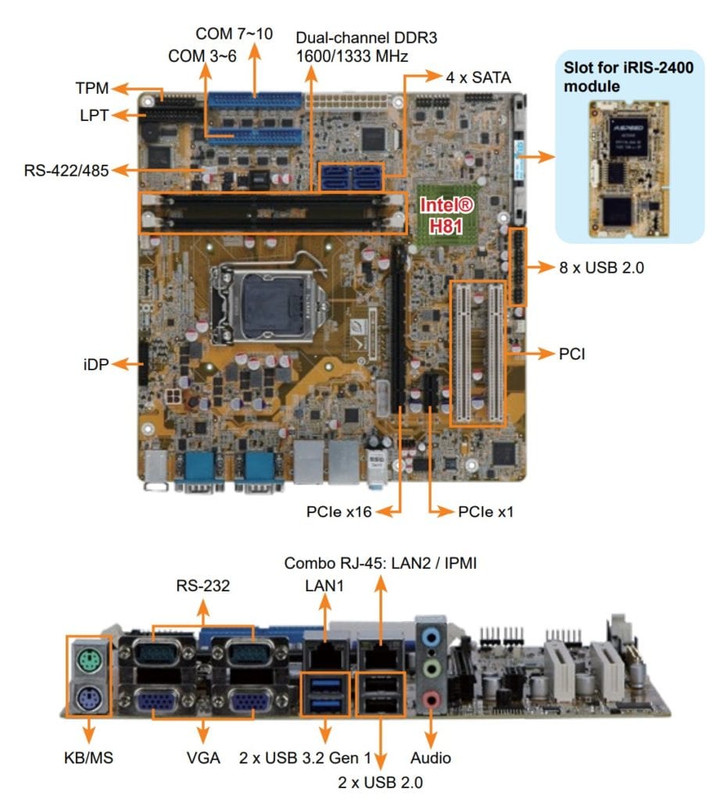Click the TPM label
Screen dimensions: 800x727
(93, 87)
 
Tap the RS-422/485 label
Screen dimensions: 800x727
(66, 170)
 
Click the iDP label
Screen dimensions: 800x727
(97, 363)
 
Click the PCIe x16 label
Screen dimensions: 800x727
(338, 512)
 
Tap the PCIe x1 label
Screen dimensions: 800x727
(486, 512)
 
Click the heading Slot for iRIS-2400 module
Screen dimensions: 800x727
(629, 77)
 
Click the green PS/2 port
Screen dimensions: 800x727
(88, 663)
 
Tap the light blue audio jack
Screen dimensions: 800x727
(430, 637)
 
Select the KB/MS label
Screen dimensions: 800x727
(89, 758)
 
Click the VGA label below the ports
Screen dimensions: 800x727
(204, 758)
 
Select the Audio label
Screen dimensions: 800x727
(431, 758)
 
